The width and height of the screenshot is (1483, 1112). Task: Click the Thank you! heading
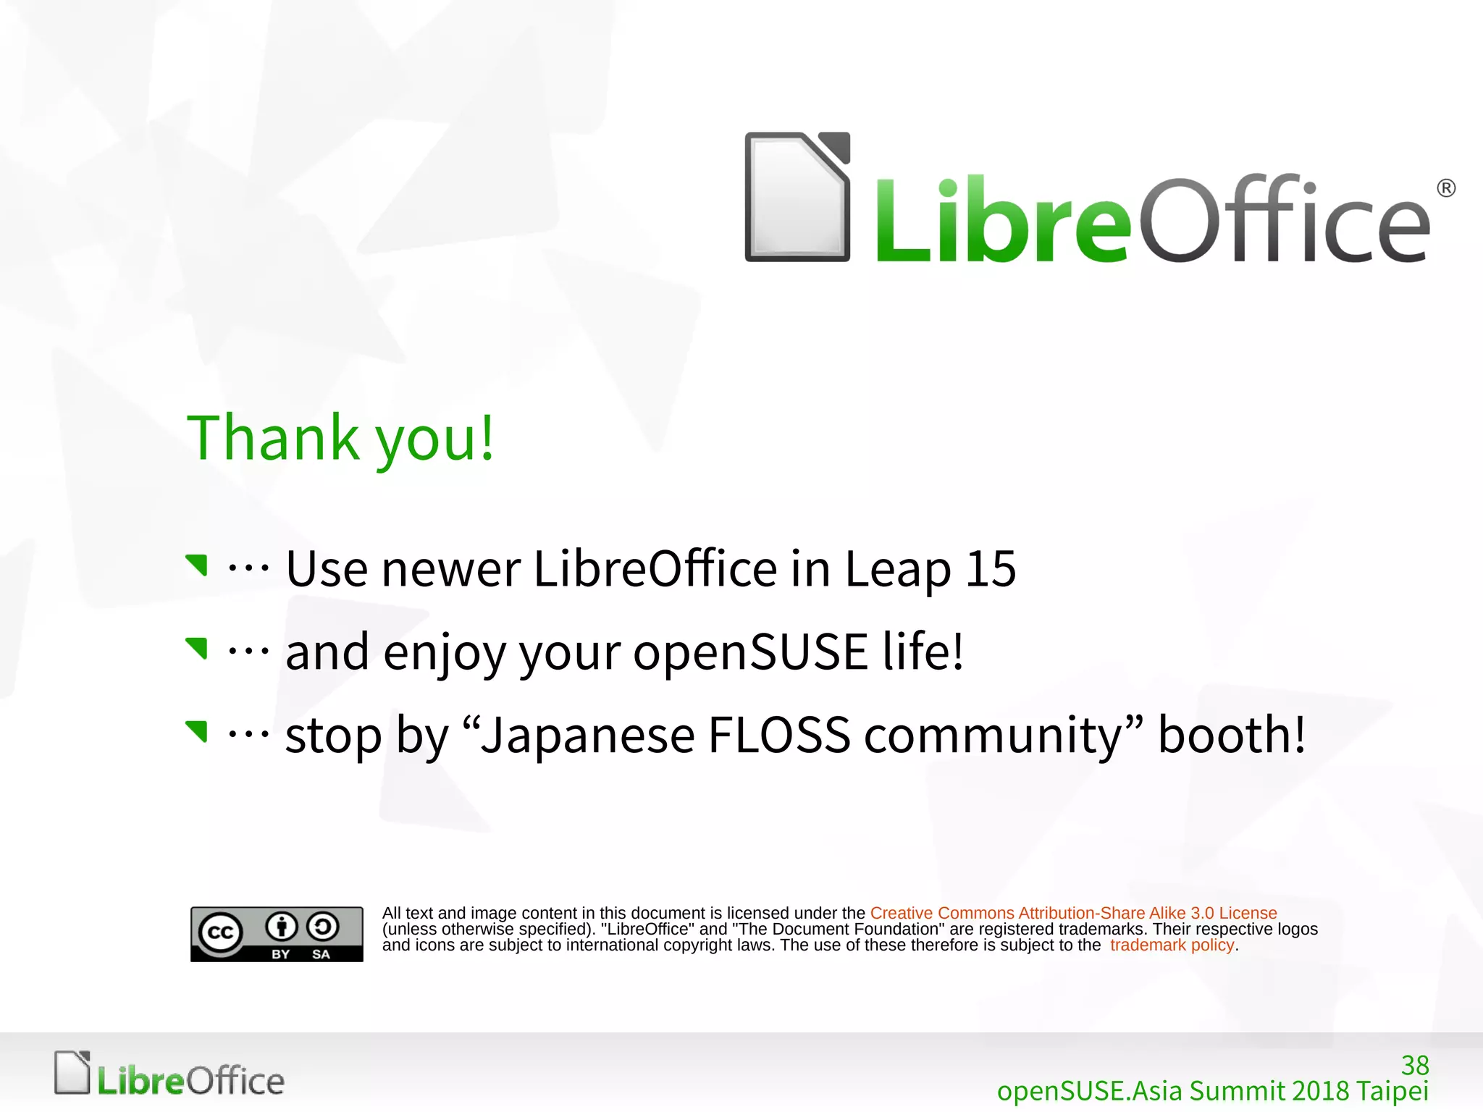pos(340,438)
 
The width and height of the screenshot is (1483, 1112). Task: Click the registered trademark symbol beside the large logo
pos(1446,188)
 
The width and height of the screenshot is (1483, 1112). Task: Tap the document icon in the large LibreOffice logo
pos(797,197)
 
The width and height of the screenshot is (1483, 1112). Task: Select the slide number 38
pos(1415,1065)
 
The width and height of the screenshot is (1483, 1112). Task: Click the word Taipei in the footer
pos(1392,1090)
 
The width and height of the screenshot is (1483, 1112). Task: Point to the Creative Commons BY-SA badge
pos(277,934)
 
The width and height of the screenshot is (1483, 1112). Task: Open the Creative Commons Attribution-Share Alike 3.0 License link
pos(1073,913)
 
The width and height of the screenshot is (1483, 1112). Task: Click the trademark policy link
pos(1172,945)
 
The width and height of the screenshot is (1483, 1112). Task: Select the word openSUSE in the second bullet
pos(750,652)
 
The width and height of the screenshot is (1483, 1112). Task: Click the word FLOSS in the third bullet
pos(779,735)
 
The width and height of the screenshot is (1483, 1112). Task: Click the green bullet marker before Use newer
pos(197,565)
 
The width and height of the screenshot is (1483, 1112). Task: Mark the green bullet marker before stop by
pos(197,731)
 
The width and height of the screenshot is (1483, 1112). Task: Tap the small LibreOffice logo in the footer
pos(169,1074)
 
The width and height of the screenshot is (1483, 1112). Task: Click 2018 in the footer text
pos(1320,1090)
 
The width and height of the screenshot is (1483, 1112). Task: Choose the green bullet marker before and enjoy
pos(197,648)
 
